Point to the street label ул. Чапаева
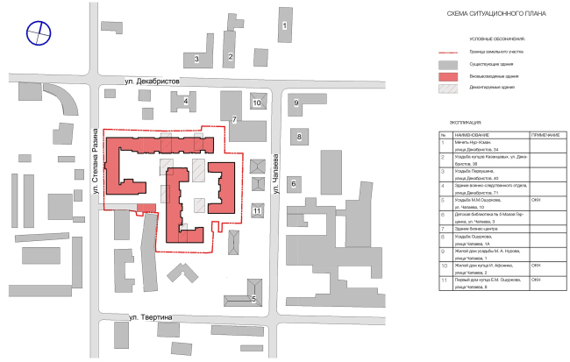click(275, 166)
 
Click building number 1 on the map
click(284, 27)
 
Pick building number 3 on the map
click(197, 60)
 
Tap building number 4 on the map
click(186, 102)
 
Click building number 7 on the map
click(234, 119)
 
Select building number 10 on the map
click(257, 103)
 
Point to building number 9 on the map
click(296, 103)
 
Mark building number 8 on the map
click(298, 137)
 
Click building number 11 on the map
click(256, 210)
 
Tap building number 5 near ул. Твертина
click(253, 299)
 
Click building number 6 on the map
click(294, 182)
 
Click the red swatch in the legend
click(449, 76)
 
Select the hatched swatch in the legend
click(449, 89)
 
